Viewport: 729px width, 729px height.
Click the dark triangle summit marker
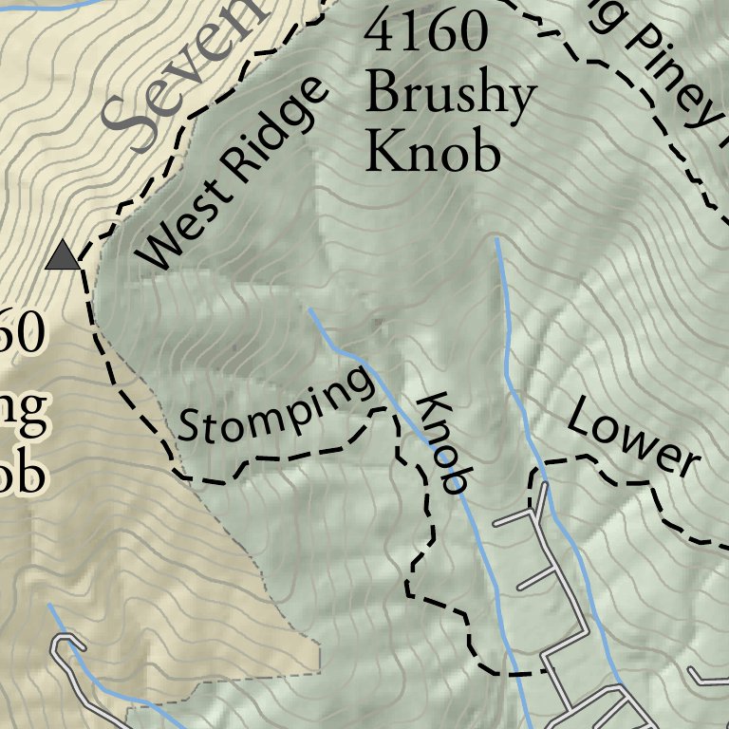[x=63, y=255]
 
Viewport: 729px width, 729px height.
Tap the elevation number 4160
[x=426, y=33]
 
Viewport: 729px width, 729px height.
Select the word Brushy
[x=451, y=95]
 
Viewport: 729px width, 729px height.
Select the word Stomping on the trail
[x=276, y=407]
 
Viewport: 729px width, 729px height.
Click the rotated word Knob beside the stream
[x=444, y=443]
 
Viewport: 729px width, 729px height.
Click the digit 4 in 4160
[x=380, y=33]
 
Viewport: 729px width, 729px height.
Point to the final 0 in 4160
[x=472, y=33]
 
